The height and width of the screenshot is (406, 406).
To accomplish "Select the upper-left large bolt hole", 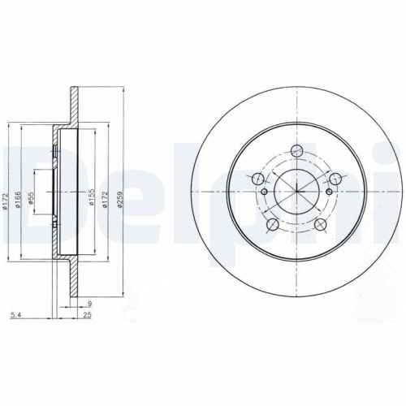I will click(258, 179).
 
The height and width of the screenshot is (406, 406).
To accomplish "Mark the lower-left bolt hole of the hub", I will click(273, 223).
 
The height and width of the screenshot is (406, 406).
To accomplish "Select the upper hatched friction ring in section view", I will click(74, 106).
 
